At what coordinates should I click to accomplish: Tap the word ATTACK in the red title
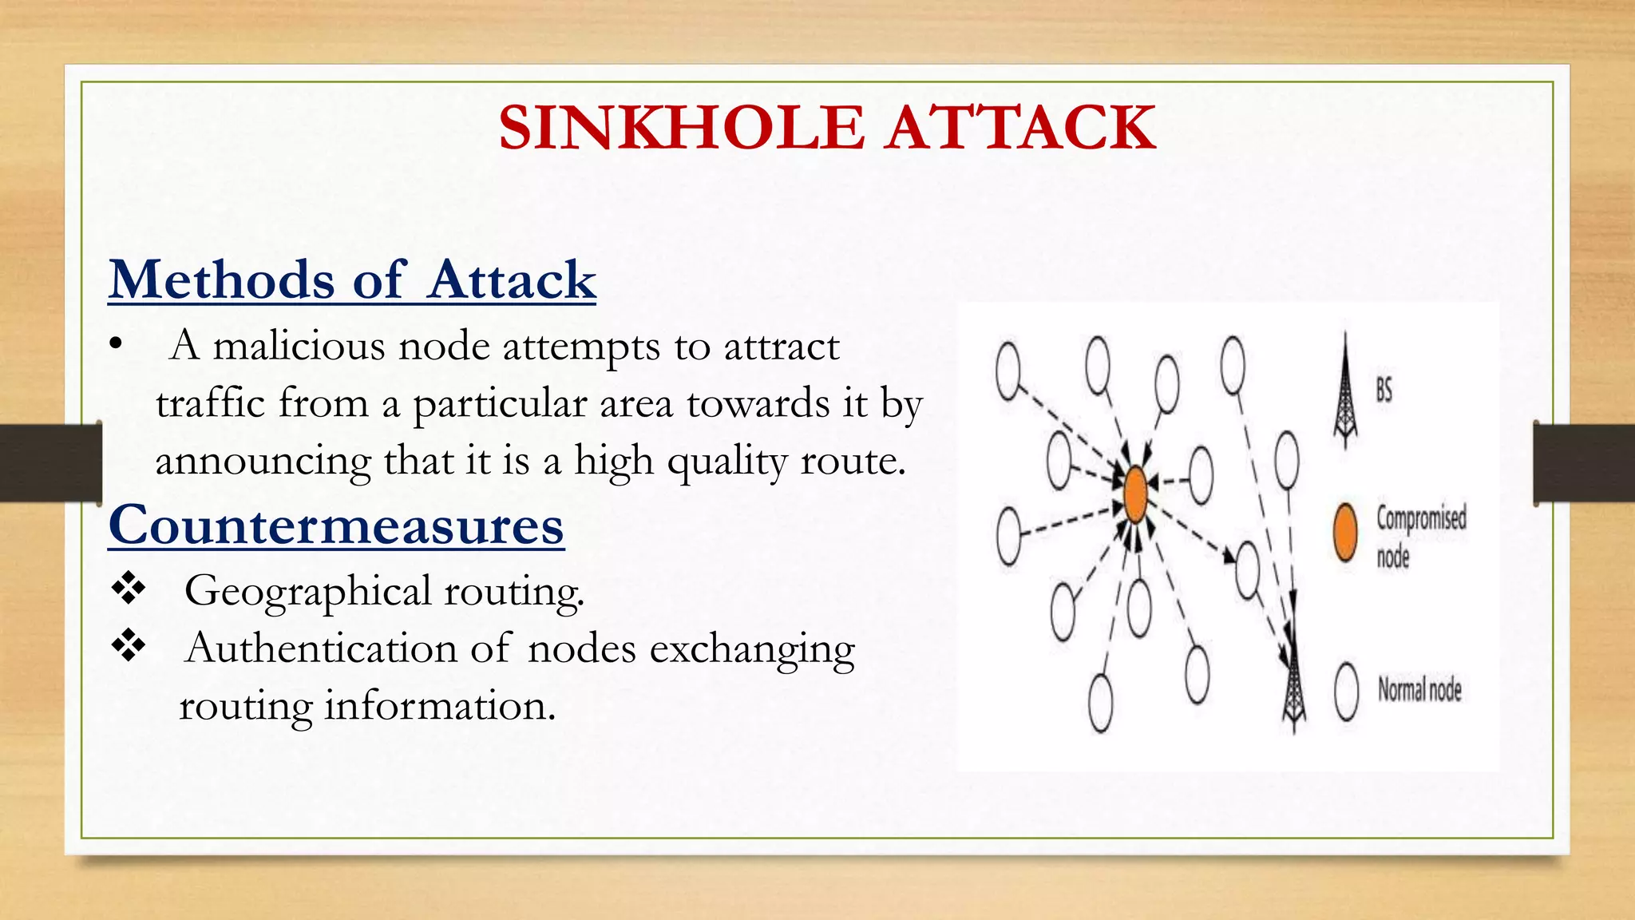click(1021, 128)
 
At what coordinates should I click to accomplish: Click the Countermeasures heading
click(336, 525)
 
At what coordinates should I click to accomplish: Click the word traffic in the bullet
click(210, 403)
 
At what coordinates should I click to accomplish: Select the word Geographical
click(307, 592)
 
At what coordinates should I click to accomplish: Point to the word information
click(439, 706)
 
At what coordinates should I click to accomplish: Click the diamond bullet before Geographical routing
click(128, 589)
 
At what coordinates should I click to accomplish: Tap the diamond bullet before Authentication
click(128, 645)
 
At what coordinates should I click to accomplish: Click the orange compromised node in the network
click(1135, 495)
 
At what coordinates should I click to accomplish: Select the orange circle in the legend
click(1346, 533)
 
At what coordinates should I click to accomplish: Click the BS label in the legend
click(1384, 391)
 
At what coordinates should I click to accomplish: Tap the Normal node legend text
click(1419, 689)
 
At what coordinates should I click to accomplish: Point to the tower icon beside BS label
click(1346, 391)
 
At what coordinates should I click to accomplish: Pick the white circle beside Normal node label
click(1347, 692)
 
